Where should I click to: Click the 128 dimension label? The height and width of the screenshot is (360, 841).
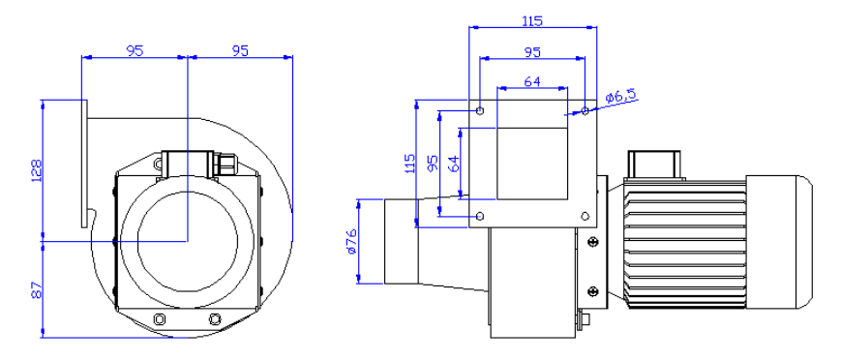(x=37, y=170)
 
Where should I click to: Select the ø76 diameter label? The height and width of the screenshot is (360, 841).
(x=350, y=242)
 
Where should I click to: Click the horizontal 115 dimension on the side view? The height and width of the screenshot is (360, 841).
(x=531, y=20)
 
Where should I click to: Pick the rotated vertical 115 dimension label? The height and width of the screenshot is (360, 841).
(x=409, y=162)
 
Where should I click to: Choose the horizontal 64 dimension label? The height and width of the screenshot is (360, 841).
(x=531, y=82)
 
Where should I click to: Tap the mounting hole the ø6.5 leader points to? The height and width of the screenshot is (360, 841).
(x=585, y=111)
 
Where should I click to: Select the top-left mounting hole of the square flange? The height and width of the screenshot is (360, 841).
(x=481, y=111)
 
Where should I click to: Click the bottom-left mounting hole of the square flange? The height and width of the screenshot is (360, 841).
(x=481, y=215)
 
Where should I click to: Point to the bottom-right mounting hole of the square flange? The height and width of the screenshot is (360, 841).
(x=585, y=215)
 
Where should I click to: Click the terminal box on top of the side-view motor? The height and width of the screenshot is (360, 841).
(x=656, y=165)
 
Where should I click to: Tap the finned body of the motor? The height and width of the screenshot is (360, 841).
(x=682, y=241)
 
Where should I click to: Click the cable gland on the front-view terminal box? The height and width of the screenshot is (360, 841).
(x=226, y=162)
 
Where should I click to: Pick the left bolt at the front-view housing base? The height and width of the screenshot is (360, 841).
(x=159, y=319)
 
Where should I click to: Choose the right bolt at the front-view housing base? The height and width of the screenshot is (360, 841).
(x=214, y=319)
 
